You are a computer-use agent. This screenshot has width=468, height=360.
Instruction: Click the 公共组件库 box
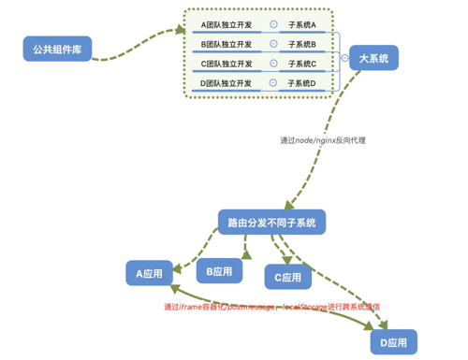[x=57, y=49]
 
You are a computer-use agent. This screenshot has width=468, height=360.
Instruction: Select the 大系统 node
[x=373, y=58]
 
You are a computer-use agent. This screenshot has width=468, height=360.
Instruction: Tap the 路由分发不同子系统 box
[x=271, y=223]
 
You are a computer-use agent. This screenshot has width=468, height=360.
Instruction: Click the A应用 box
[x=149, y=273]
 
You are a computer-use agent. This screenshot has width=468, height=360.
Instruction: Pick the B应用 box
[x=219, y=271]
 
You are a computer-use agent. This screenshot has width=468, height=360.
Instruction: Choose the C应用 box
[x=288, y=277]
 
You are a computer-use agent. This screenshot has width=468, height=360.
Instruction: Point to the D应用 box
[x=393, y=342]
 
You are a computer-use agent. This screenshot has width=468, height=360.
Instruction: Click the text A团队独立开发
[x=227, y=23]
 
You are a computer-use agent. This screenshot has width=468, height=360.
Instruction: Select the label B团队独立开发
[x=227, y=44]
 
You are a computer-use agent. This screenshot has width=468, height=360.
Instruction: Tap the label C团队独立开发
[x=227, y=64]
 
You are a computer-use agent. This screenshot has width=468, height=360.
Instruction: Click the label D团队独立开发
[x=227, y=83]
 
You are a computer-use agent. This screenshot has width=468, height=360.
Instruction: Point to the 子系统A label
[x=301, y=23]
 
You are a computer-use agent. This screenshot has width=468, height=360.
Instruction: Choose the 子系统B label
[x=301, y=44]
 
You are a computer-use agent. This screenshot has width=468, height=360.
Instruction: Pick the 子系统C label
[x=301, y=64]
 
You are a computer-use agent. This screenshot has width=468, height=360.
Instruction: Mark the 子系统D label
[x=301, y=83]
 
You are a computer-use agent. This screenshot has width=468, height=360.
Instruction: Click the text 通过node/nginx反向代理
[x=322, y=140]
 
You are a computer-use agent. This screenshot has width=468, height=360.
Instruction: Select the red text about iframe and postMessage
[x=271, y=306]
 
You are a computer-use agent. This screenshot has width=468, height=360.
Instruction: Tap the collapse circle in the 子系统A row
[x=272, y=23]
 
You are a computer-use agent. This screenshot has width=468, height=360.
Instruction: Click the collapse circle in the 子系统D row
[x=272, y=82]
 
